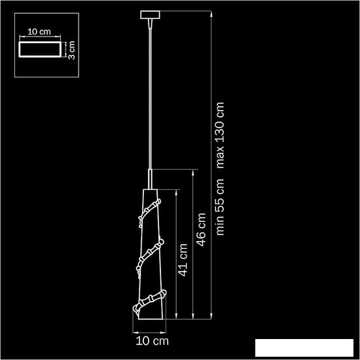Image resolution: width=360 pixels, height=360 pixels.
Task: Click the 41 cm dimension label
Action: [x=183, y=260]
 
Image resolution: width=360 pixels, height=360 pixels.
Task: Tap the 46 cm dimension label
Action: [x=202, y=229]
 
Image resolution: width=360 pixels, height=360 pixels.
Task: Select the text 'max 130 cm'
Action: [x=220, y=135]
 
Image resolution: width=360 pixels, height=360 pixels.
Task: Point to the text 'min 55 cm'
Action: [x=220, y=206]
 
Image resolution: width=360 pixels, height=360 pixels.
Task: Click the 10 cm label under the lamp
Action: [x=153, y=341]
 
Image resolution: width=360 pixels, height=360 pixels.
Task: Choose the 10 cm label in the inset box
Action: [x=39, y=31]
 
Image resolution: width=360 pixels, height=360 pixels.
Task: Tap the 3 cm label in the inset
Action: [x=71, y=50]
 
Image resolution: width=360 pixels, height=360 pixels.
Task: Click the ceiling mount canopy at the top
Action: [x=150, y=15]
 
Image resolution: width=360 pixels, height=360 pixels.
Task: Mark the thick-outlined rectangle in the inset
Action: [x=40, y=49]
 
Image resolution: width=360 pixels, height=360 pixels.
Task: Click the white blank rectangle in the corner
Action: [x=304, y=348]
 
